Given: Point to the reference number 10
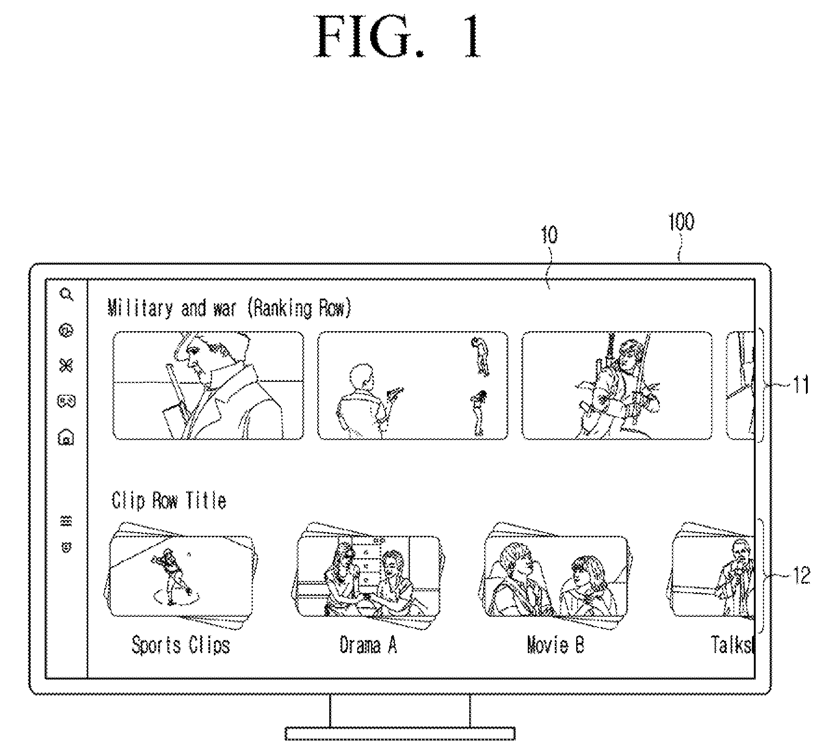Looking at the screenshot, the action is coord(549,235).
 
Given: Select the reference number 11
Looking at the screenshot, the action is coord(800,385).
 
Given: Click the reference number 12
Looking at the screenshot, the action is coord(800,576).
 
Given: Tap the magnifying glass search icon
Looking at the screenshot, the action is coord(67,294).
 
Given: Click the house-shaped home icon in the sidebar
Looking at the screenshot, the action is coord(66,437).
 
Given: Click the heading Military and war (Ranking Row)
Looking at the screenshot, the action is coord(229,308).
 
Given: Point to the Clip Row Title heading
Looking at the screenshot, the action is coord(169,500).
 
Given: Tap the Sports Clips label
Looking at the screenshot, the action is coord(181,645).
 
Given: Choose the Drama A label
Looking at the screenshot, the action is coord(368,645).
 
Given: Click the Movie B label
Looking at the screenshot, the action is coord(556,645).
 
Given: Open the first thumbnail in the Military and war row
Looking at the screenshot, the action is coord(208,385).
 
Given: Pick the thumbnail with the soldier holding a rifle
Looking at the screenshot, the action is coord(617,385).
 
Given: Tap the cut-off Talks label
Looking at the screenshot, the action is coord(731,645).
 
